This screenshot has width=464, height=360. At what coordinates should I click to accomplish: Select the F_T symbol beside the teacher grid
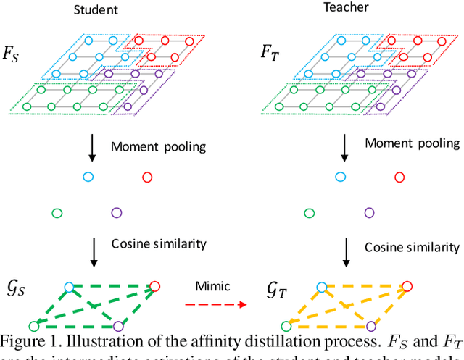pyautogui.click(x=273, y=52)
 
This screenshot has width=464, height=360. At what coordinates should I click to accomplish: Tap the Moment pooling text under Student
pyautogui.click(x=158, y=147)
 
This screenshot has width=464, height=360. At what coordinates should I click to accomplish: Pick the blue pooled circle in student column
pyautogui.click(x=88, y=176)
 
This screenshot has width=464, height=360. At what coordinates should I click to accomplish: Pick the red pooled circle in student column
pyautogui.click(x=147, y=176)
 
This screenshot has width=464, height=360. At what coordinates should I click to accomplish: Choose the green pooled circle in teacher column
pyautogui.click(x=310, y=213)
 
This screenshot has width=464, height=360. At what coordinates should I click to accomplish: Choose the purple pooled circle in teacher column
pyautogui.click(x=370, y=213)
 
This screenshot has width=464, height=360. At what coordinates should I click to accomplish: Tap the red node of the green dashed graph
pyautogui.click(x=154, y=287)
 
